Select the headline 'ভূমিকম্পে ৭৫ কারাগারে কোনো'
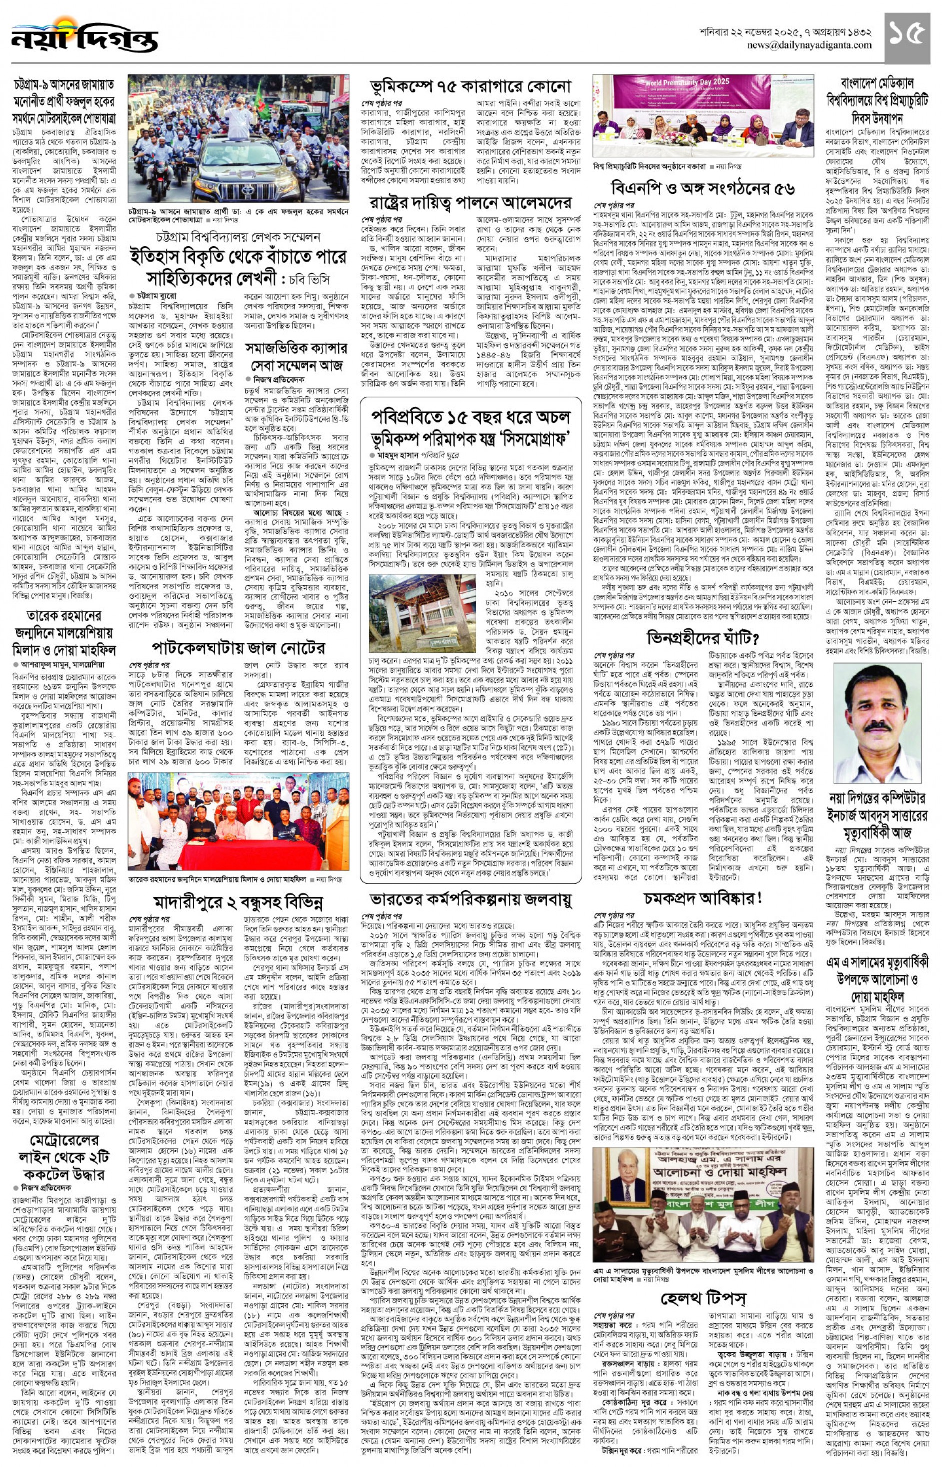[470, 87]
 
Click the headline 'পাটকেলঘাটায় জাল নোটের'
[238, 647]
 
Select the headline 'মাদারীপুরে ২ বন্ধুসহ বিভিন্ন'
[238, 902]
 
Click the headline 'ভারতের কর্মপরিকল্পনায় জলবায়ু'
[470, 899]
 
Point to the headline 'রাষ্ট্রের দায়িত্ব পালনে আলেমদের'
[470, 202]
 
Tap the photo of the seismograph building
[422, 613]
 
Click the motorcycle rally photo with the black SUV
[238, 139]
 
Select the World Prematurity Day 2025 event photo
[703, 116]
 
